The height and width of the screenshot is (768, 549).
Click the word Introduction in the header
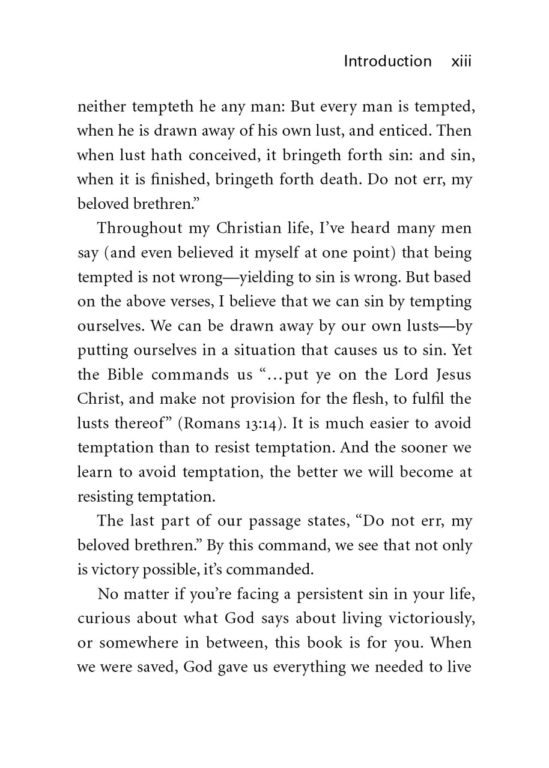coord(387,61)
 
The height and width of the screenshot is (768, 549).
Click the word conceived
coord(220,155)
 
